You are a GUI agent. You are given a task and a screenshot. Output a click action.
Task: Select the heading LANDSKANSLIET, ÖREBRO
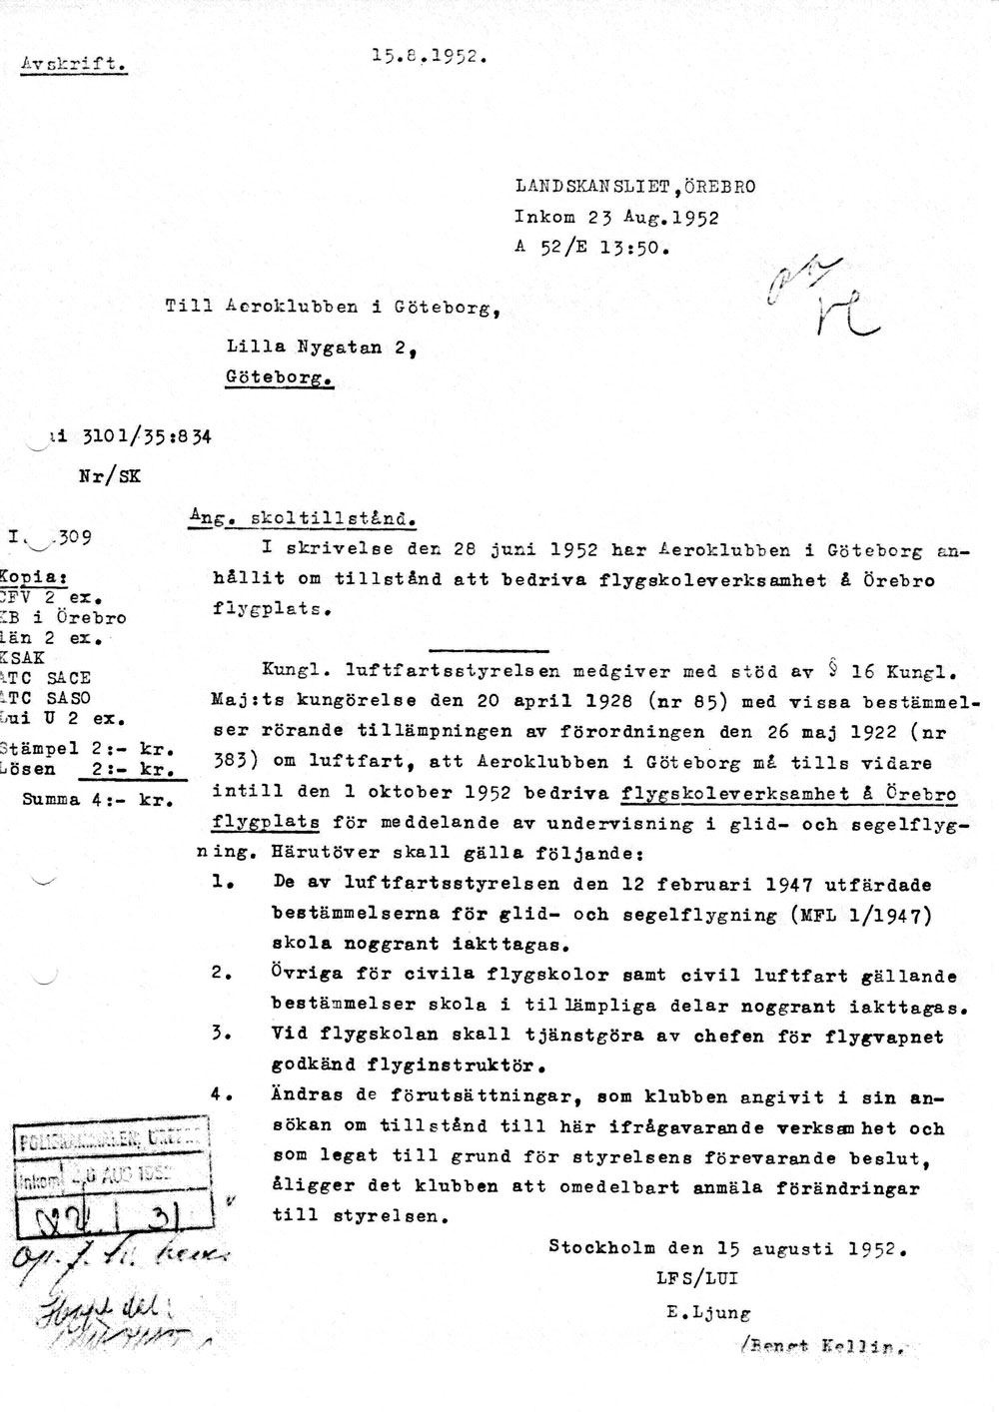635,187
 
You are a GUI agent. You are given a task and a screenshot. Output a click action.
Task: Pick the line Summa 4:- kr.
99,799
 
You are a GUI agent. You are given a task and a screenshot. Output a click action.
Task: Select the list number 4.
221,1095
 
